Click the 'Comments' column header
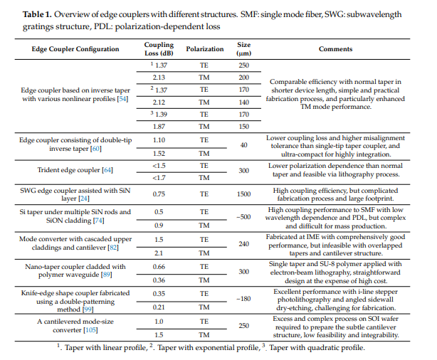click(335, 49)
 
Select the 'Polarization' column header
click(205, 49)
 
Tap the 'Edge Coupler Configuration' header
click(75, 49)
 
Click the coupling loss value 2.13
click(159, 78)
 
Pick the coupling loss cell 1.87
click(159, 127)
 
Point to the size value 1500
click(244, 194)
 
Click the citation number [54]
click(122, 99)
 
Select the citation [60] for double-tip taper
click(96, 149)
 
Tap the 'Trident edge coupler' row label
click(75, 170)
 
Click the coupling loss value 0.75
click(159, 194)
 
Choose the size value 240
click(244, 244)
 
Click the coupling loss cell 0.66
click(159, 267)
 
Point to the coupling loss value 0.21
click(159, 307)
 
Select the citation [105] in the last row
click(91, 330)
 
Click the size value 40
click(244, 145)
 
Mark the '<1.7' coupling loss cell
click(159, 178)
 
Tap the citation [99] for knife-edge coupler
click(88, 309)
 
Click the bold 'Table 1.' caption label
click(37, 14)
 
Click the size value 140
click(244, 102)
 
